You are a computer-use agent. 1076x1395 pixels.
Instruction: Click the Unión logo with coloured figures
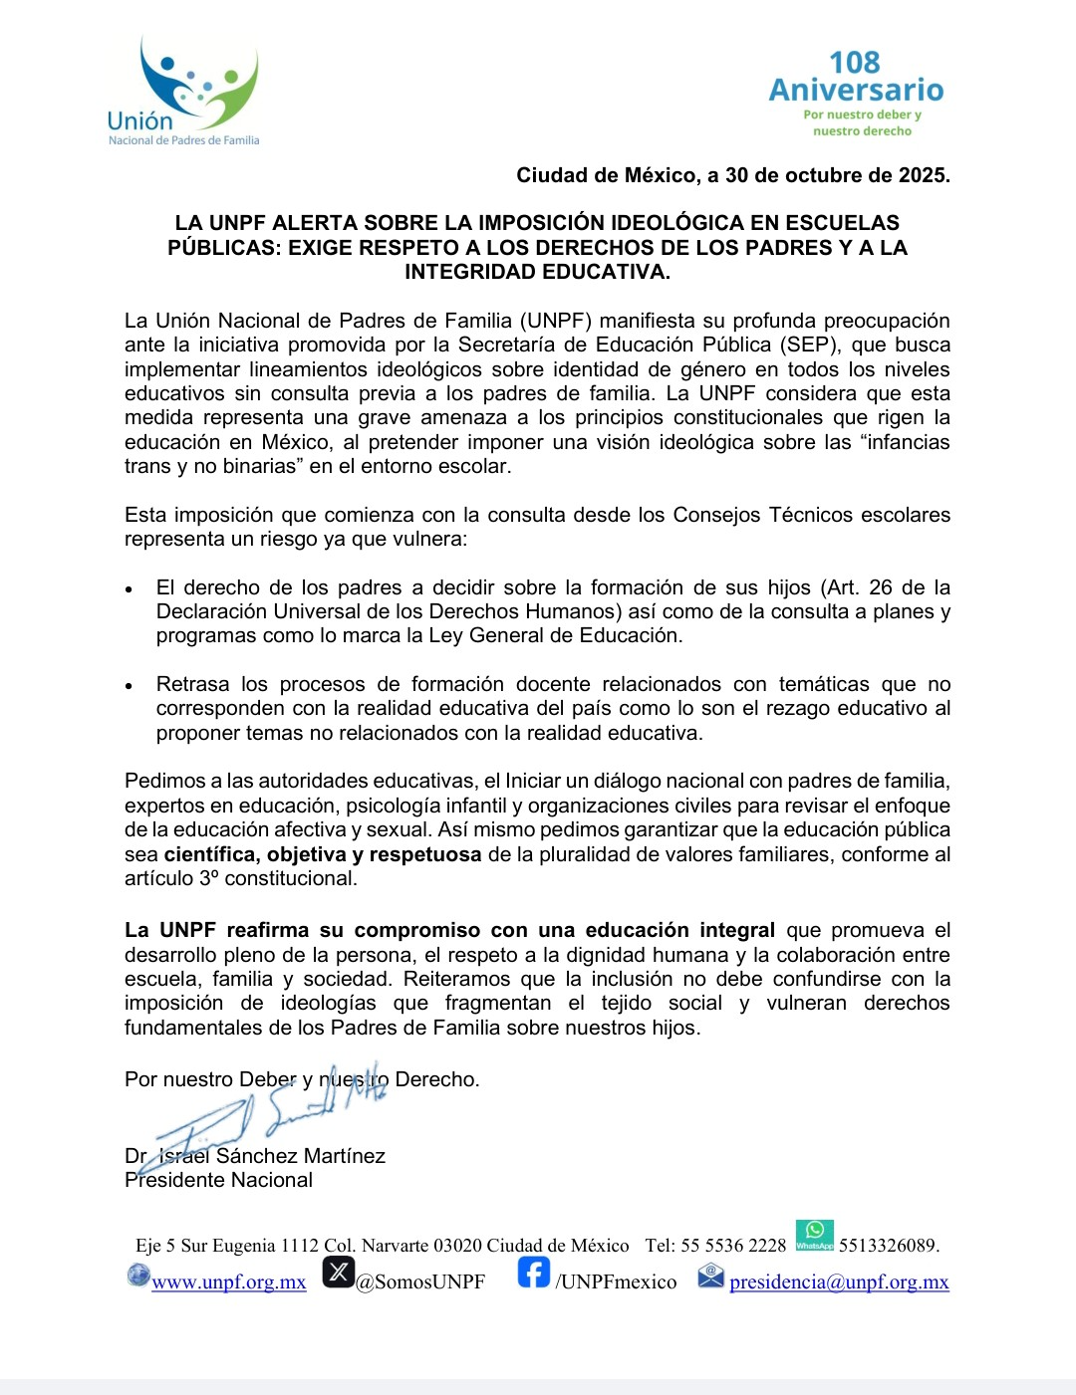pyautogui.click(x=184, y=93)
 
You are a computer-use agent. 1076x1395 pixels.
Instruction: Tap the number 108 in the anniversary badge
pyautogui.click(x=854, y=63)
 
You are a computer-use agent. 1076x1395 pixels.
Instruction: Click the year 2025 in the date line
pyautogui.click(x=922, y=175)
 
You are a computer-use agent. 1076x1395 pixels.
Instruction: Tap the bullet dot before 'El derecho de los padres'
pyautogui.click(x=130, y=589)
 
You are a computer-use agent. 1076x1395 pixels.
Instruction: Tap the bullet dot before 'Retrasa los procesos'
pyautogui.click(x=130, y=686)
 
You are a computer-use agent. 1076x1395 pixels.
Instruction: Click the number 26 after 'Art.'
pyautogui.click(x=881, y=587)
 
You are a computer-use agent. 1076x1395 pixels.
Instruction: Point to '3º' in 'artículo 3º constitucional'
pyautogui.click(x=209, y=878)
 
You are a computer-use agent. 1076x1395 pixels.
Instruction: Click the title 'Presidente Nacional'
pyautogui.click(x=218, y=1180)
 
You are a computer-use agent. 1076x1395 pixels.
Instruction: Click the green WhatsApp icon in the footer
pyautogui.click(x=815, y=1235)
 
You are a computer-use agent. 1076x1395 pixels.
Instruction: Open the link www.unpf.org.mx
pyautogui.click(x=229, y=1281)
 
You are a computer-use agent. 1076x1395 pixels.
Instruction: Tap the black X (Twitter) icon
pyautogui.click(x=339, y=1273)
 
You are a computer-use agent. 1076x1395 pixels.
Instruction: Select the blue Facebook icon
pyautogui.click(x=534, y=1273)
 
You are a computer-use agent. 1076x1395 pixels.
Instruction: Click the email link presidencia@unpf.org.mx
pyautogui.click(x=839, y=1281)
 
